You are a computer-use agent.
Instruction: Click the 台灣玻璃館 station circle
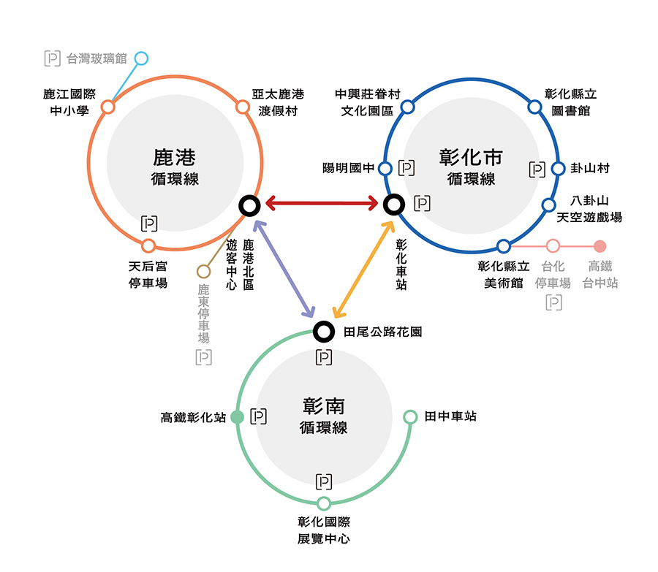click(x=141, y=58)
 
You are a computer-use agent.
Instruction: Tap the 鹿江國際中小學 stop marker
click(x=108, y=107)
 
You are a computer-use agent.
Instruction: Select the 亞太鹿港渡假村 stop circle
click(x=243, y=107)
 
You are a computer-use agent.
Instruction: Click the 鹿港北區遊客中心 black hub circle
click(x=249, y=206)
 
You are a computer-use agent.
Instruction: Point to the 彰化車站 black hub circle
click(x=394, y=205)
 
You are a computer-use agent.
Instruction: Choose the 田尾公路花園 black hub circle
click(x=323, y=332)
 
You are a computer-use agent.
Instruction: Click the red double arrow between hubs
click(x=322, y=202)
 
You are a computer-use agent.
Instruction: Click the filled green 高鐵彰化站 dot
click(x=237, y=417)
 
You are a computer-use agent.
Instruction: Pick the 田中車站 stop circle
click(x=411, y=417)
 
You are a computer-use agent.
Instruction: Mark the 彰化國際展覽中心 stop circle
click(x=324, y=503)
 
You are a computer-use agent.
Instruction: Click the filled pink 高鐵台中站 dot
click(x=600, y=246)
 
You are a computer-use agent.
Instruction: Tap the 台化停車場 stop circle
click(x=553, y=246)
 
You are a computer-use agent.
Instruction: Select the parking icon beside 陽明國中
click(x=407, y=168)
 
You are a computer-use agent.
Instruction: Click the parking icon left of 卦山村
click(x=537, y=169)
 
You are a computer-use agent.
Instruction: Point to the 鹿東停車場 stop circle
click(x=204, y=272)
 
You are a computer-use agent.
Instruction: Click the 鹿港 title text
click(x=175, y=158)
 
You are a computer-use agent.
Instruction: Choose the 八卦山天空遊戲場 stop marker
click(x=548, y=205)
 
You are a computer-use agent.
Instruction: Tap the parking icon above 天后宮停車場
click(x=149, y=224)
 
